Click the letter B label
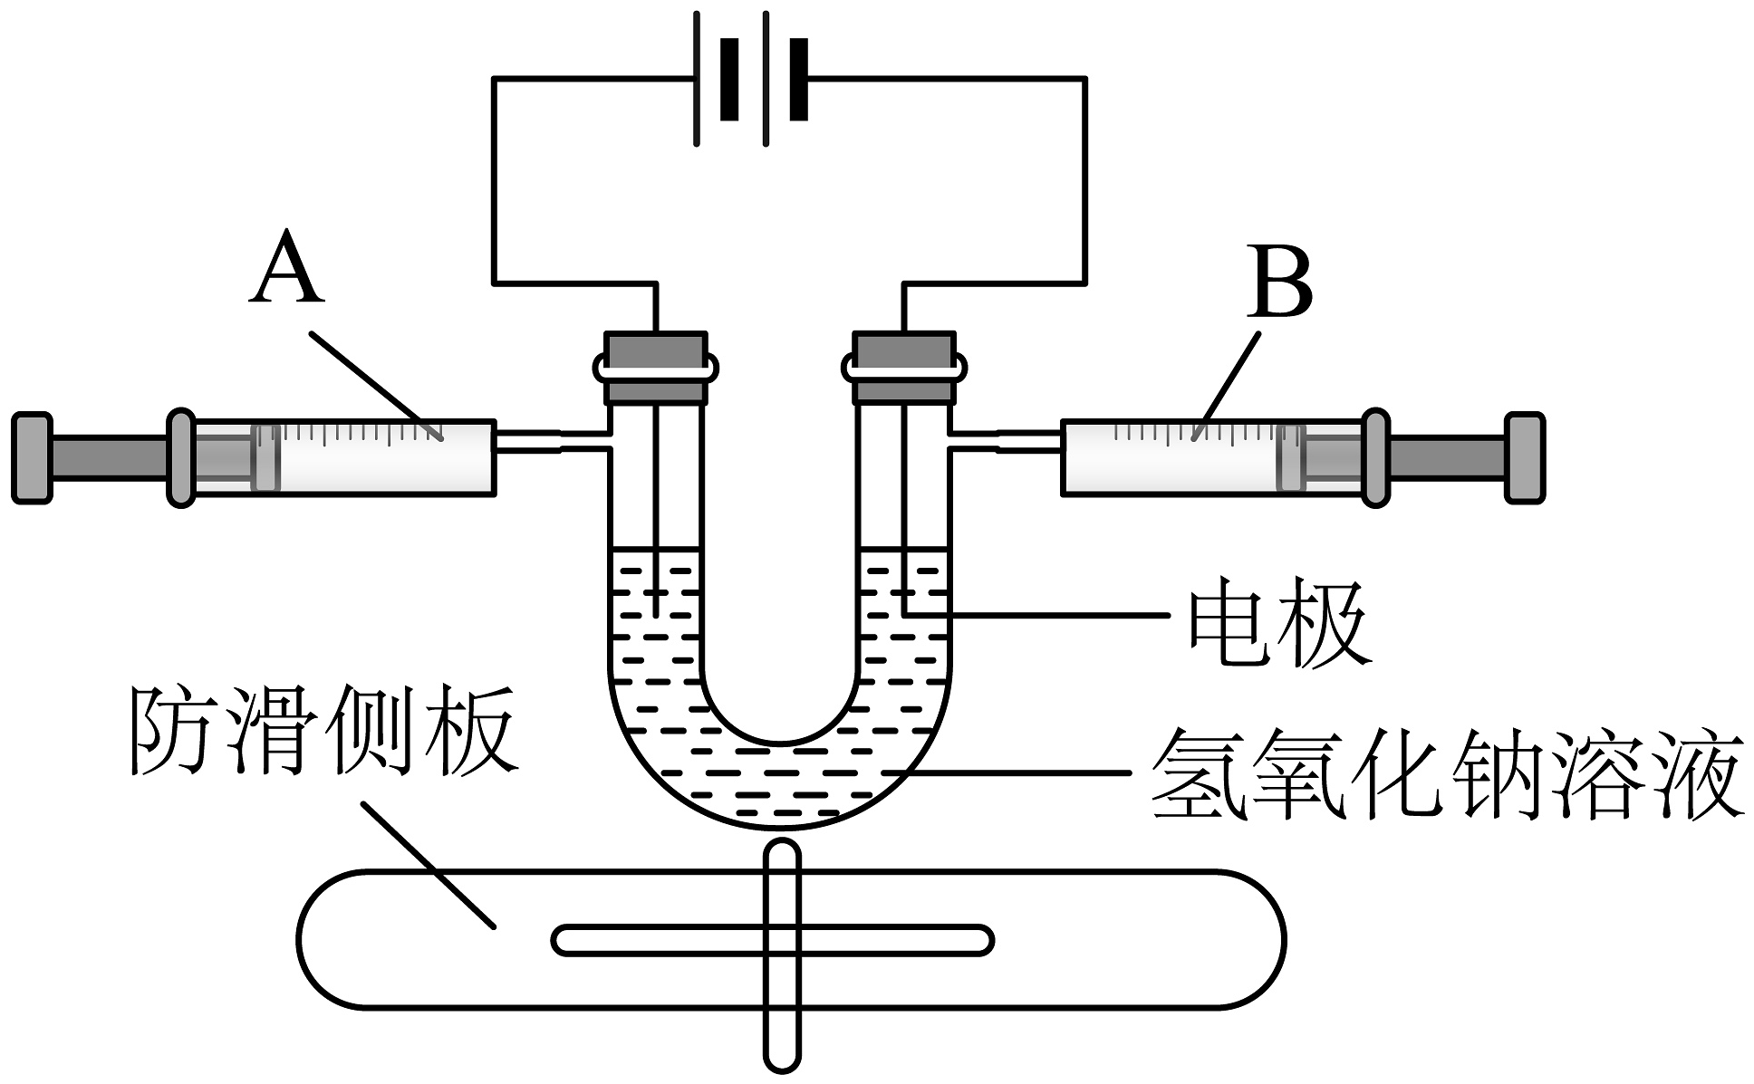point(1279,282)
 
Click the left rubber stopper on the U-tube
point(655,366)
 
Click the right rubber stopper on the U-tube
point(904,366)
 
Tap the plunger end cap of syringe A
point(32,456)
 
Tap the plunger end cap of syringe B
point(1524,456)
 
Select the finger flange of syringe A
point(181,456)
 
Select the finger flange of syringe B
point(1375,456)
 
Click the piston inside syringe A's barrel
point(266,456)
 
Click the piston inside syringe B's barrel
point(1290,456)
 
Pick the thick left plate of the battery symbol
point(729,79)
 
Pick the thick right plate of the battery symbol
point(797,79)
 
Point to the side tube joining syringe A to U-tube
point(551,439)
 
